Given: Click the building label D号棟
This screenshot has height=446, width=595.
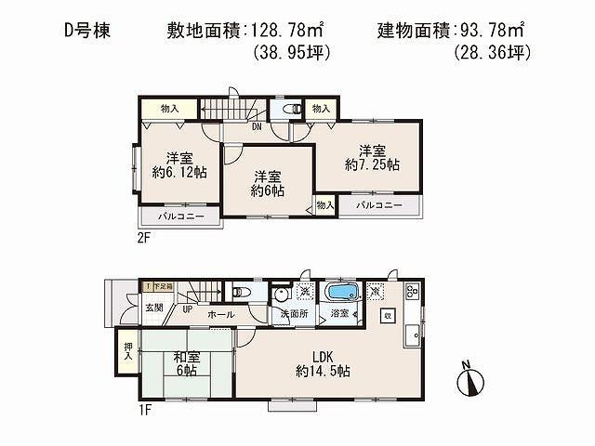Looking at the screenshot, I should pyautogui.click(x=87, y=31).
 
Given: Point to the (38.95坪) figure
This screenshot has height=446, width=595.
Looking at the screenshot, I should pyautogui.click(x=293, y=54).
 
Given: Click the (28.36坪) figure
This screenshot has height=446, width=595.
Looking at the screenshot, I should pyautogui.click(x=492, y=54).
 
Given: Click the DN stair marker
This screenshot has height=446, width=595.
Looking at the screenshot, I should pyautogui.click(x=256, y=127).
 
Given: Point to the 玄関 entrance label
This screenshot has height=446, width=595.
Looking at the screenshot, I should pyautogui.click(x=153, y=308).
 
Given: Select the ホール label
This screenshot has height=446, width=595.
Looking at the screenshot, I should pyautogui.click(x=220, y=315).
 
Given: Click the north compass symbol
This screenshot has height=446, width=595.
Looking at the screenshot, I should pyautogui.click(x=469, y=380).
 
